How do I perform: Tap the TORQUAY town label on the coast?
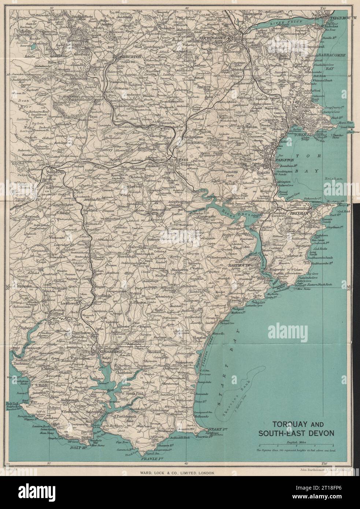[x=302, y=134]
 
